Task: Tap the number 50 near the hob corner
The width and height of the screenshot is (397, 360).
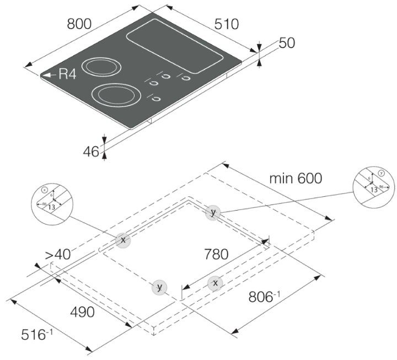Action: click(x=287, y=43)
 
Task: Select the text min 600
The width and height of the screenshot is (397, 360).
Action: click(x=296, y=179)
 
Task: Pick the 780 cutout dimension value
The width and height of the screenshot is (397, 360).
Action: click(x=216, y=255)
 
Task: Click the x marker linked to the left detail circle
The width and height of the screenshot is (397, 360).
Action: click(x=123, y=240)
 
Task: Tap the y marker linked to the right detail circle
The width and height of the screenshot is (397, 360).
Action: click(x=213, y=212)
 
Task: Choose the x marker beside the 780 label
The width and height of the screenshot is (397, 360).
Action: click(x=216, y=283)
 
